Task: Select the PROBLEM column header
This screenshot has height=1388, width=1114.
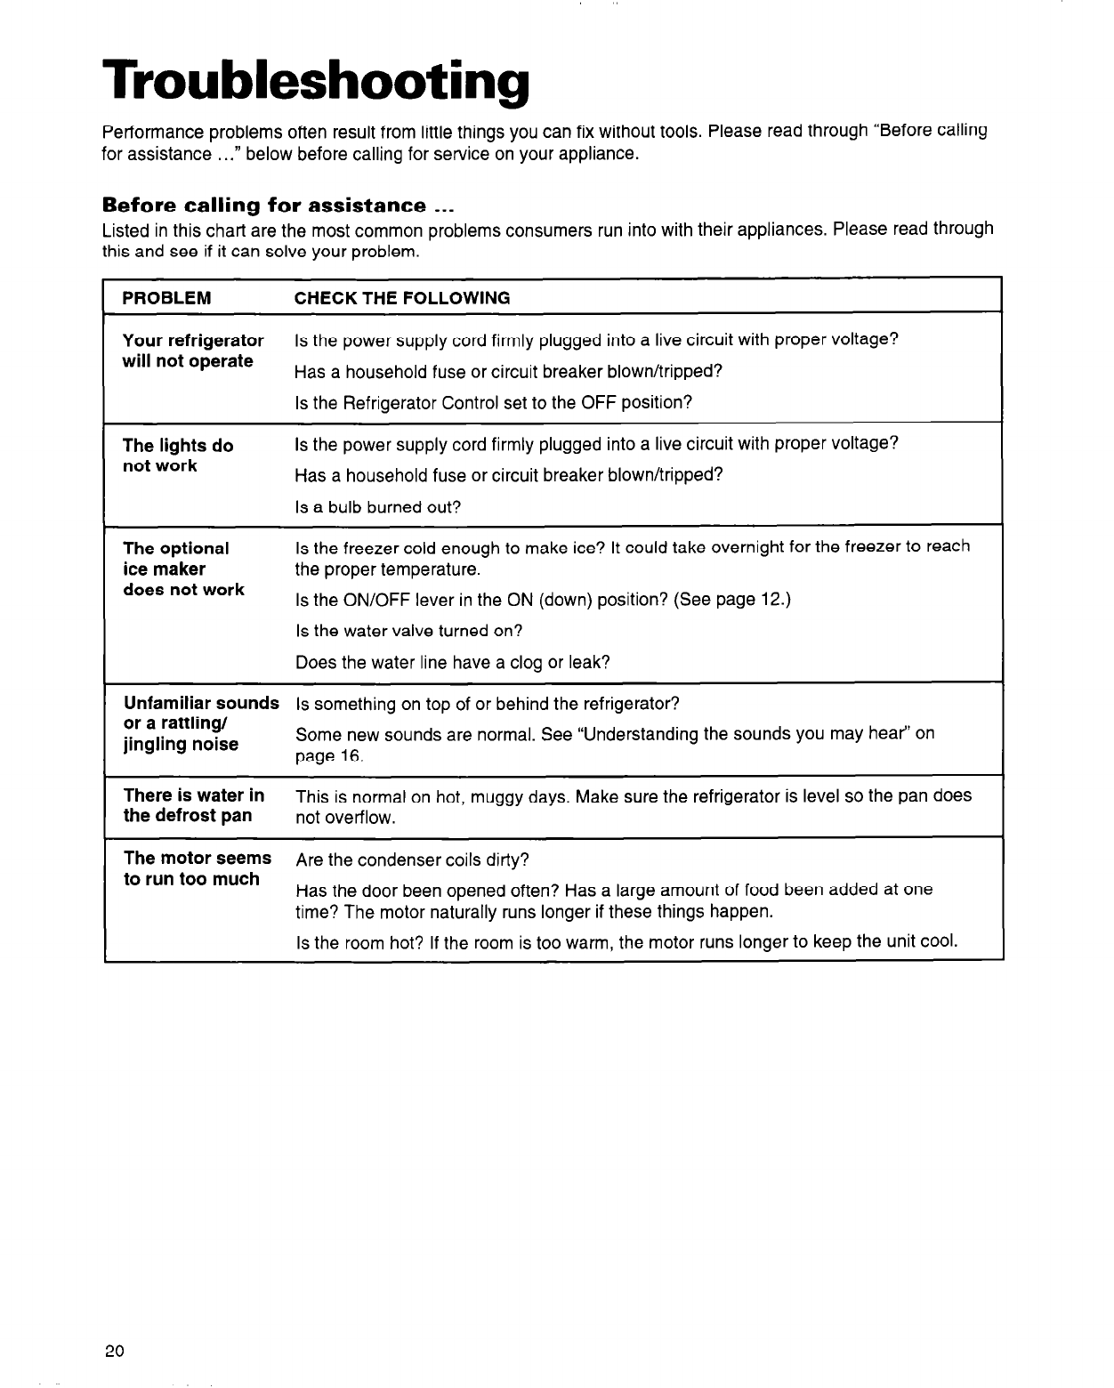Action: tap(166, 298)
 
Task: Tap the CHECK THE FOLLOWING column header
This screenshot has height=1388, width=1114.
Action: tap(402, 298)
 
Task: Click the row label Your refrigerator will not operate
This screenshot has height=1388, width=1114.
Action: tap(193, 351)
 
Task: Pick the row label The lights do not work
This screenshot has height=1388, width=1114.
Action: tap(178, 456)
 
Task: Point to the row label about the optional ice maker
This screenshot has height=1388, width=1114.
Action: tap(183, 569)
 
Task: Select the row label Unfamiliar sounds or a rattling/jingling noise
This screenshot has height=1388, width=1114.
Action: tap(201, 723)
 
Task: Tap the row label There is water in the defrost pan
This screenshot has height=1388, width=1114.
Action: tap(194, 805)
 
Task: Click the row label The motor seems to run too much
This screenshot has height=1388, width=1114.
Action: tap(197, 868)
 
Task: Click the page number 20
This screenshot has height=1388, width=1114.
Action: tap(114, 1351)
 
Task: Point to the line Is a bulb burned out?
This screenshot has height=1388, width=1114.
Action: tap(378, 507)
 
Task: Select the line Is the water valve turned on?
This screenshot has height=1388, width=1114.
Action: tap(408, 631)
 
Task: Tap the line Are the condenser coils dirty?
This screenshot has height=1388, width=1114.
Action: tap(412, 860)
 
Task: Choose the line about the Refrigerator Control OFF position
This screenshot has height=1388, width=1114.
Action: tap(493, 402)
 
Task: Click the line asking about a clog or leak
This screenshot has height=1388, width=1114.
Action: tap(452, 662)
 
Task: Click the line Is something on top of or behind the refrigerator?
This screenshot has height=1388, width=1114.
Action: tap(487, 705)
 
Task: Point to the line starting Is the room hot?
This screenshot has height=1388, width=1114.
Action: tap(626, 942)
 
